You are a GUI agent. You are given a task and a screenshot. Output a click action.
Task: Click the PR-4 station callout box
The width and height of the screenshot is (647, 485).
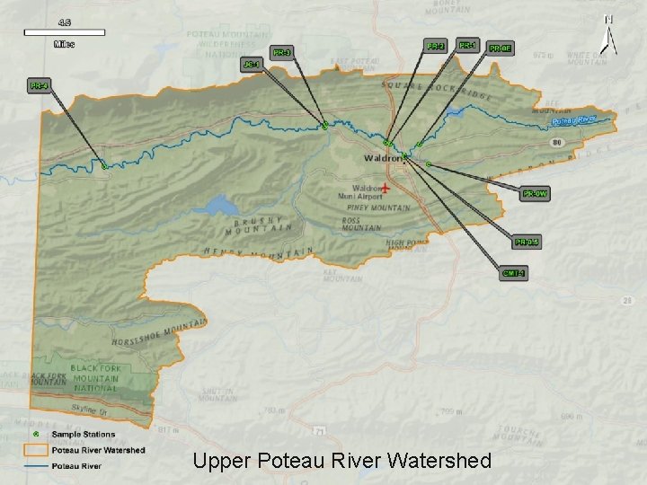38,86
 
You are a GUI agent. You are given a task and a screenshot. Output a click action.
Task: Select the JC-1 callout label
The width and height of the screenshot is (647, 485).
253,65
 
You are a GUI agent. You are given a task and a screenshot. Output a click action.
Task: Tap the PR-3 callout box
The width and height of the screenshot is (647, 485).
281,53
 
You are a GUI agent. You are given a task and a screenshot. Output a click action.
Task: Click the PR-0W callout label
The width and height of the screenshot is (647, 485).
536,193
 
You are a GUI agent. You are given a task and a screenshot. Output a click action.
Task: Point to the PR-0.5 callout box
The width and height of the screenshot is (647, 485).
527,241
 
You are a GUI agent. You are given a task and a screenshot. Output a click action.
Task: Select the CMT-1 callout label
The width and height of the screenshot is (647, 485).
513,272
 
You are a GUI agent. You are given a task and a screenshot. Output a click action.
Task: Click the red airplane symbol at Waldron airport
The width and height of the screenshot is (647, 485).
386,188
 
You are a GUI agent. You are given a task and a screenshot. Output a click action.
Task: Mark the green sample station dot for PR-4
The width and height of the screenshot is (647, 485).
104,166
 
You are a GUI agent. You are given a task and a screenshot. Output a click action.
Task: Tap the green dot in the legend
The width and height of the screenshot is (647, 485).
36,434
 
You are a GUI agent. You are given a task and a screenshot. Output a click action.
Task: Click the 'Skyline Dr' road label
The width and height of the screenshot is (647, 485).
91,410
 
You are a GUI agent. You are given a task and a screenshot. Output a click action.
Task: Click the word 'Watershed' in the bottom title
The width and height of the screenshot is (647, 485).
441,462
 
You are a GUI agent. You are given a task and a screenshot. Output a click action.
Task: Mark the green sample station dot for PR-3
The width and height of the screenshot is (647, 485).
323,126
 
